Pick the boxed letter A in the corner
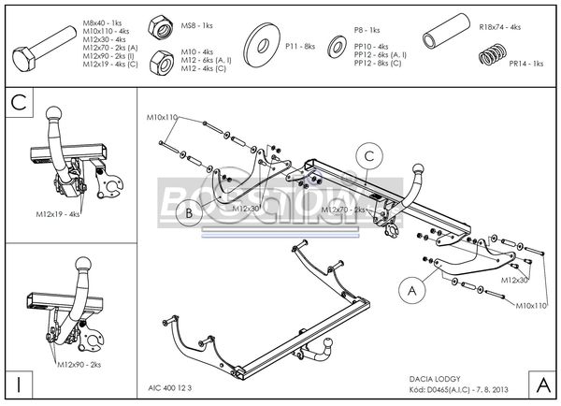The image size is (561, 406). click(541, 384)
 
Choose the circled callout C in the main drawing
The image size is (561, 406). click(368, 155)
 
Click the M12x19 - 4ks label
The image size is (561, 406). click(59, 213)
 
